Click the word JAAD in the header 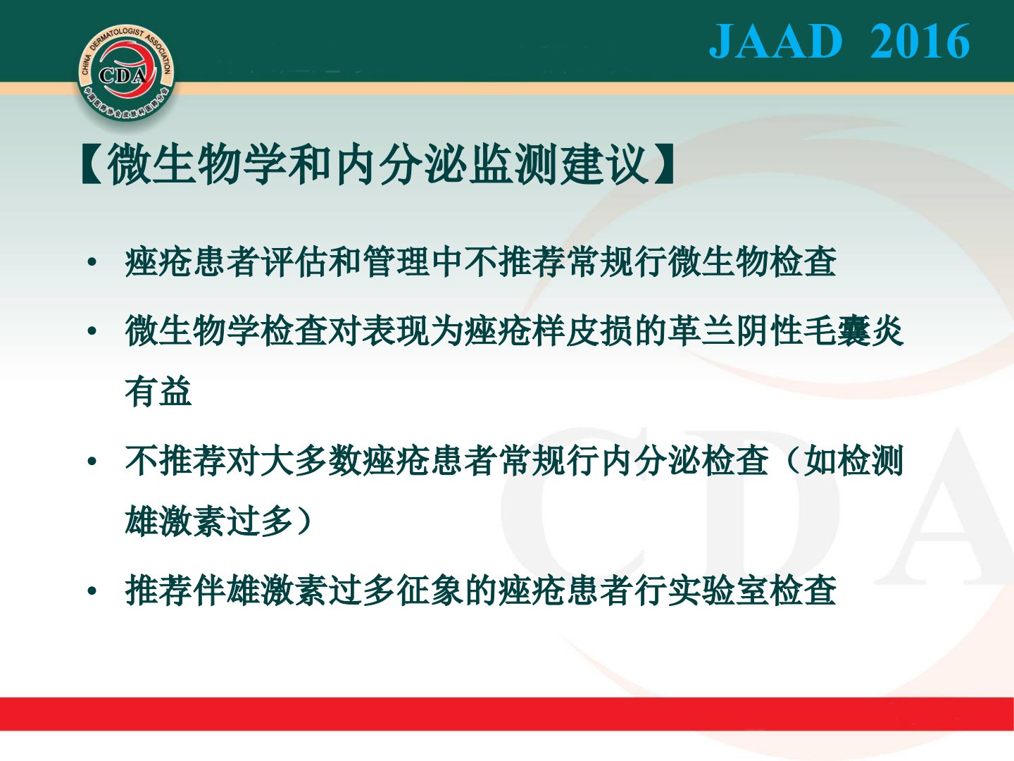click(x=775, y=41)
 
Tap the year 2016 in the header click(x=920, y=41)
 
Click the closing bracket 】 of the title click(x=663, y=164)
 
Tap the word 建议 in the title click(x=605, y=164)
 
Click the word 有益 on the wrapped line click(x=158, y=391)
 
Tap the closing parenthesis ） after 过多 click(x=304, y=521)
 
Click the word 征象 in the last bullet click(x=430, y=590)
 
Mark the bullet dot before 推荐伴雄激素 click(x=92, y=591)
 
